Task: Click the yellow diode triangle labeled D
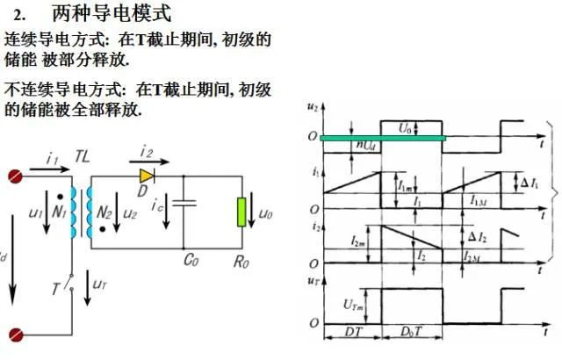click(147, 176)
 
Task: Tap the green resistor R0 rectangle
click(242, 212)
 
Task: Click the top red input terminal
click(16, 176)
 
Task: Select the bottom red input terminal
click(16, 335)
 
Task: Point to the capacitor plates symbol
click(184, 203)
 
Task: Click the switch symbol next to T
click(69, 282)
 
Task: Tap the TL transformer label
click(83, 156)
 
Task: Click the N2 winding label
click(104, 212)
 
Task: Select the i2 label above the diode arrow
click(147, 151)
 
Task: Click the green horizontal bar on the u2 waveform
click(383, 138)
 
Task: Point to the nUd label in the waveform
click(365, 145)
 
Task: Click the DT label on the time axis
click(353, 332)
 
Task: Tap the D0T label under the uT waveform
click(411, 332)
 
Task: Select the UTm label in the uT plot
click(353, 305)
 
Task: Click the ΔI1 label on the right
click(530, 184)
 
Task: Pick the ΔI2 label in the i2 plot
click(478, 237)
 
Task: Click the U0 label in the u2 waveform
click(405, 128)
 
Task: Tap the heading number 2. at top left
click(19, 15)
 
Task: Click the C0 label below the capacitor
click(191, 260)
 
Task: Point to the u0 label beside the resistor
click(265, 214)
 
